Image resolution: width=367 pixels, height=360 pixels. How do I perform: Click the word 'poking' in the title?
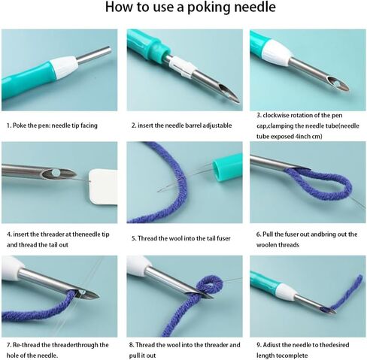tap(208, 8)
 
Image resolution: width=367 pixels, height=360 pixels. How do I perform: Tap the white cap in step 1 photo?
tap(64, 66)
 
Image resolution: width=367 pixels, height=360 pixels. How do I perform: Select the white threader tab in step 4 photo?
tap(103, 186)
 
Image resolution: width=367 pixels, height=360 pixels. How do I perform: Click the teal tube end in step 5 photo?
tap(227, 168)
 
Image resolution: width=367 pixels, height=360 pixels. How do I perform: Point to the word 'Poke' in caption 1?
tap(18, 126)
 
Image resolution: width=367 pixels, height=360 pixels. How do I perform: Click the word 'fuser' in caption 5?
tap(223, 238)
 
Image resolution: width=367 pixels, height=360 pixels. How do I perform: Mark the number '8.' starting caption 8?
tap(132, 345)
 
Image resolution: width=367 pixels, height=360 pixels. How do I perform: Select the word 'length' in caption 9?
tap(265, 355)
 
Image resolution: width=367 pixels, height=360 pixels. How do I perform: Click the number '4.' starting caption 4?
tap(9, 234)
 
